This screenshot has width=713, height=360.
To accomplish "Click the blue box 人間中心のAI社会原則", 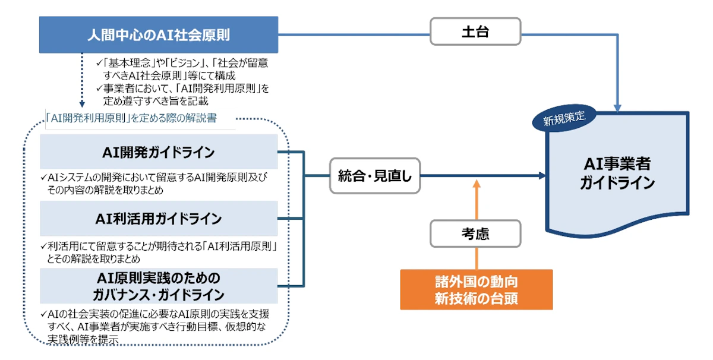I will [158, 34].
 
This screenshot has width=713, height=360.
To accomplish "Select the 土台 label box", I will [475, 31].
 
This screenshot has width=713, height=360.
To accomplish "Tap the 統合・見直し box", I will [375, 175].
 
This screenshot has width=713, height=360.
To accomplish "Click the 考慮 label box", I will [475, 233].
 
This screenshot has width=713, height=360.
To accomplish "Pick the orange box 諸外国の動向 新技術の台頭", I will [476, 289].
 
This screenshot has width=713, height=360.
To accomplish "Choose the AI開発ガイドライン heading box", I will [158, 151].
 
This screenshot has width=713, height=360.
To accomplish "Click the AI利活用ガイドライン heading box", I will [158, 219].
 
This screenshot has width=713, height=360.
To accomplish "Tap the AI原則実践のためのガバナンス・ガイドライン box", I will [158, 286].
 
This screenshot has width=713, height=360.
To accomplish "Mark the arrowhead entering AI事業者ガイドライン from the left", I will [541, 176].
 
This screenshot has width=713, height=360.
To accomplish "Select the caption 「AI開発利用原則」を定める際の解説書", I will [132, 119].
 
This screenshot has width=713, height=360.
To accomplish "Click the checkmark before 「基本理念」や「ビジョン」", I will [99, 64].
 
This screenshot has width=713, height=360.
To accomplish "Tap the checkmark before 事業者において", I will [99, 89].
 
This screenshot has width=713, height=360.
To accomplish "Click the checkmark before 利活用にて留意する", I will [43, 246].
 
